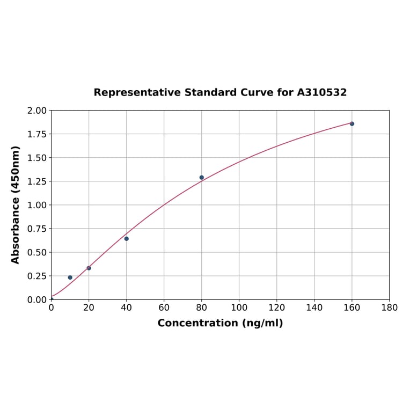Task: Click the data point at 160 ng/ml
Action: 352,124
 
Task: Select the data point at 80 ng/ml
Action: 202,178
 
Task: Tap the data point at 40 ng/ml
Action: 127,239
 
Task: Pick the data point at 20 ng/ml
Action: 89,268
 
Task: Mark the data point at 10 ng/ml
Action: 70,277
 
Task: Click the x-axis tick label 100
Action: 239,308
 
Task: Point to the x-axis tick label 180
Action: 390,308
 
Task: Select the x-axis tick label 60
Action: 164,308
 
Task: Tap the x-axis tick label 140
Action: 314,308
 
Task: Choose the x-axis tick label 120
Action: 277,308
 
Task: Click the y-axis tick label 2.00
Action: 37,111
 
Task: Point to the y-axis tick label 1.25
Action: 37,181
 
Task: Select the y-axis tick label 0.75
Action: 37,229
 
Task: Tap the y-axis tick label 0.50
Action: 37,252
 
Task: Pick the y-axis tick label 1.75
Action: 37,134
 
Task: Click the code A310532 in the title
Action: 322,93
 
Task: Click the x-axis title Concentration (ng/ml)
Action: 220,324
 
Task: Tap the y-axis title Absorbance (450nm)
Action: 16,204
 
